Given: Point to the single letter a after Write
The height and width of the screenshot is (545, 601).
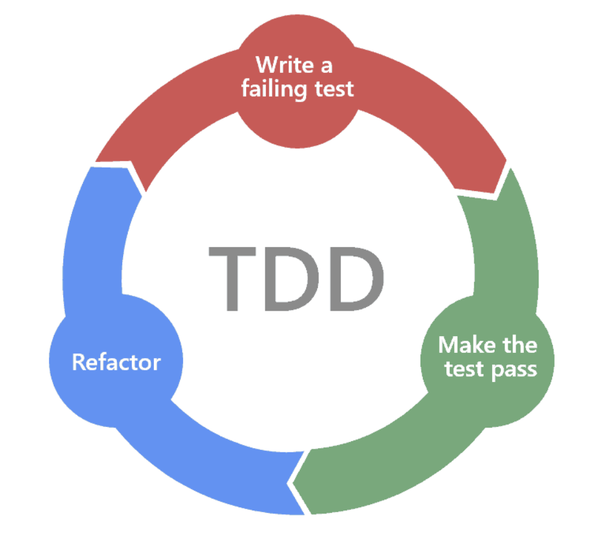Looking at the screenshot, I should click(329, 65).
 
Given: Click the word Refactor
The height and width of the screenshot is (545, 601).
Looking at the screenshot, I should click(116, 361).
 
